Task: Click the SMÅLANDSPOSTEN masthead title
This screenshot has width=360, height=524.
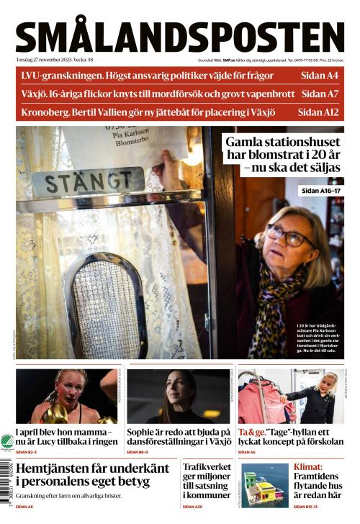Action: [180, 37]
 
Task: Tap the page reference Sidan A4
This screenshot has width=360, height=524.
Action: [320, 75]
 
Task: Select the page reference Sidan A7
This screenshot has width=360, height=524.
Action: [320, 94]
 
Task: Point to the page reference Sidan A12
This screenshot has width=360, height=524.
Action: [318, 112]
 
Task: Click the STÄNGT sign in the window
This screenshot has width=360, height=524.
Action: [88, 182]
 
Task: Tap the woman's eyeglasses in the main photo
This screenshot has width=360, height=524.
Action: [288, 234]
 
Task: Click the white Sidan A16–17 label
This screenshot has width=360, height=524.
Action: [321, 191]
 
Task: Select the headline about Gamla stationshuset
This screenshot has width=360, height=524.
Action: [281, 155]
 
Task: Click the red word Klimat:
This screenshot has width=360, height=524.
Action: [308, 466]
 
